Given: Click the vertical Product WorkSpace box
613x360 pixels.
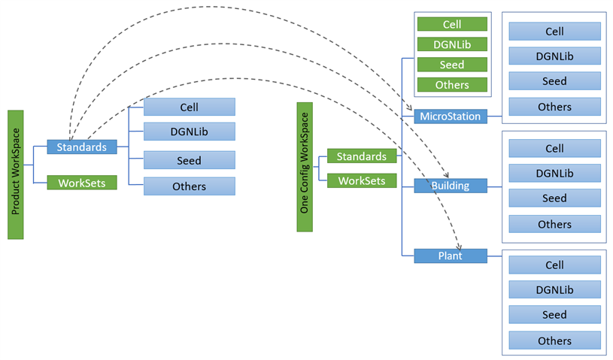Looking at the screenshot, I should click(16, 174).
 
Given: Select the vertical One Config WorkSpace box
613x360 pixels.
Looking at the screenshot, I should click(305, 167).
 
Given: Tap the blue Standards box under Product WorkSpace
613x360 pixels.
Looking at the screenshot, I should click(82, 147).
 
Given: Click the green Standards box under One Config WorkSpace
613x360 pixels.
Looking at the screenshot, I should click(362, 156).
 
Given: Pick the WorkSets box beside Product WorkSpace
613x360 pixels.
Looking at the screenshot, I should click(82, 182).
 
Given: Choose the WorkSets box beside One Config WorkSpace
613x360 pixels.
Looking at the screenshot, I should click(362, 180).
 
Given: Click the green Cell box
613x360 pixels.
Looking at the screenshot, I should click(452, 25).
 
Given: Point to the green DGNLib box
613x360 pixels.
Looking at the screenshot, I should click(452, 44).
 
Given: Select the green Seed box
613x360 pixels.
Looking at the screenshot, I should click(452, 65).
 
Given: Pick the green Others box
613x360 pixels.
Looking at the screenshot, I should click(452, 85).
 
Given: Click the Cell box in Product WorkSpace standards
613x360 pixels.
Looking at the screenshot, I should click(190, 107).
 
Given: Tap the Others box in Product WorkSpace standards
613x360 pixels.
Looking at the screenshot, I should click(190, 186).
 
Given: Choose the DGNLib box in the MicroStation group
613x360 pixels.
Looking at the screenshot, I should click(554, 56).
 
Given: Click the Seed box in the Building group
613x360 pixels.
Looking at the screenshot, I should click(554, 198).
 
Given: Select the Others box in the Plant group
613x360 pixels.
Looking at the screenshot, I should click(554, 340).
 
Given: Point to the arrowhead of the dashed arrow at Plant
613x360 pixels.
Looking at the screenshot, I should click(460, 246).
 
